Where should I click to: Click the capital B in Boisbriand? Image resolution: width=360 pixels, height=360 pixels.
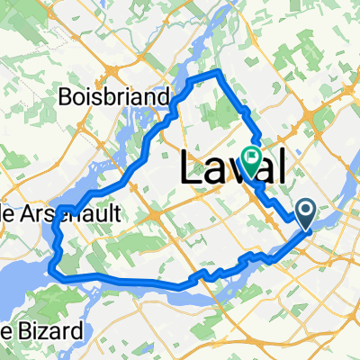pyautogui.click(x=64, y=96)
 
